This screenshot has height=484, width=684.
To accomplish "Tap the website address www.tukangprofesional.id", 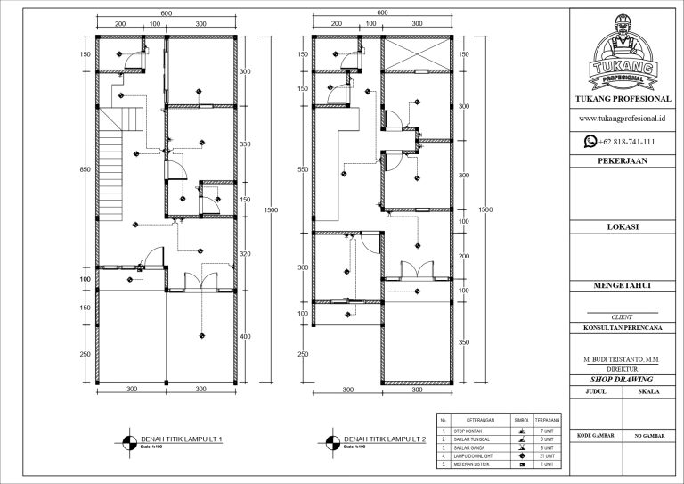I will coord(623,118).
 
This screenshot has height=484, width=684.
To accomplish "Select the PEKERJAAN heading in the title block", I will coord(623,161).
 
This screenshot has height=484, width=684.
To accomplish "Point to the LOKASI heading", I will coord(623,226).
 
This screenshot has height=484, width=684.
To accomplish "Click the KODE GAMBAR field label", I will coord(596,435).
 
